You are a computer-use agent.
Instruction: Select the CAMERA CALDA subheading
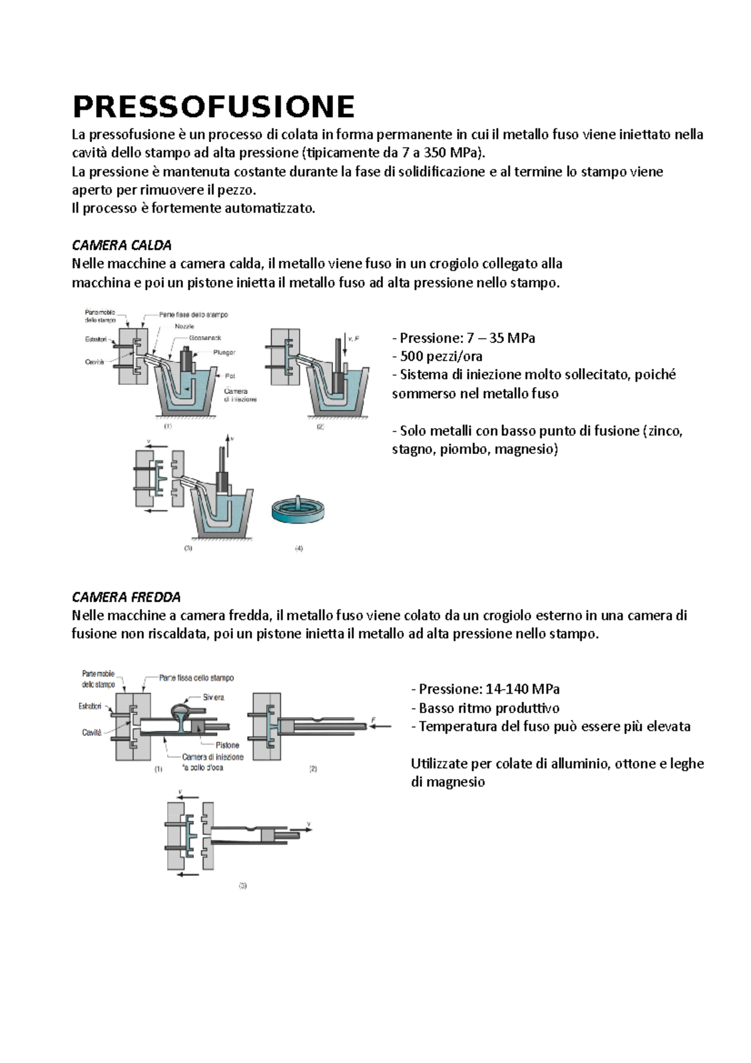click(x=121, y=245)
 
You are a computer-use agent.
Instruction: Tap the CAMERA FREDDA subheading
click(x=126, y=597)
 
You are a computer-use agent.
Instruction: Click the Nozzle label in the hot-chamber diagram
click(x=185, y=326)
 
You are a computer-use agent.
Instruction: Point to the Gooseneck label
click(x=202, y=337)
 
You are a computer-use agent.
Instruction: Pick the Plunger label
click(x=224, y=352)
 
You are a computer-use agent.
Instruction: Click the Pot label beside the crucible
click(x=230, y=376)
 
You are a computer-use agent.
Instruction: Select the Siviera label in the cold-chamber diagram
click(x=213, y=697)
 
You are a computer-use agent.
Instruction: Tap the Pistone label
click(x=227, y=745)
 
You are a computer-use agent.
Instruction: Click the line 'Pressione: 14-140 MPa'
click(x=485, y=689)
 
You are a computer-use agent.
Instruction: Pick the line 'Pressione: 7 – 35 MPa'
click(x=463, y=338)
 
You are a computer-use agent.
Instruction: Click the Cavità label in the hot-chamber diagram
click(x=95, y=362)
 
